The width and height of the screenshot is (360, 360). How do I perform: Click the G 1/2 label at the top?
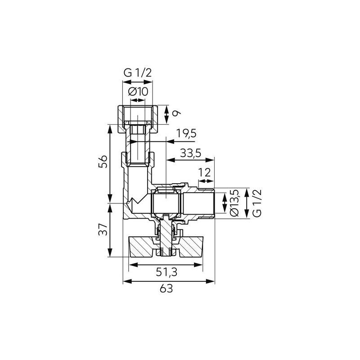[x=138, y=73]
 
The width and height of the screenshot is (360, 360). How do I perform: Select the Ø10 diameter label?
[x=138, y=92]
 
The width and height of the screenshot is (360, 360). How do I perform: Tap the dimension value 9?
[x=176, y=113]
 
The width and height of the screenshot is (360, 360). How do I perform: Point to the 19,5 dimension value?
[x=186, y=134]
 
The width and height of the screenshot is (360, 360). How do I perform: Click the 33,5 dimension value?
[x=190, y=153]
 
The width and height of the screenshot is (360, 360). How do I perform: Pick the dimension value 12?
[x=204, y=172]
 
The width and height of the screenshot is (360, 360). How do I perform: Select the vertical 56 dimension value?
[x=103, y=162]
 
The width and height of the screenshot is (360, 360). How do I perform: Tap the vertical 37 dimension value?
[x=103, y=229]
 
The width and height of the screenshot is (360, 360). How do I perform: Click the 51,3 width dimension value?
[x=166, y=273]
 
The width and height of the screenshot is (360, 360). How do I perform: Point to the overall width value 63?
[x=166, y=288]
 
